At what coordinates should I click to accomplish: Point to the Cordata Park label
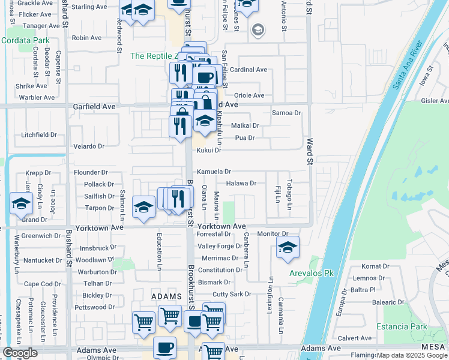click(25, 40)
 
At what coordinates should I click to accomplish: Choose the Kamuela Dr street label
click(214, 172)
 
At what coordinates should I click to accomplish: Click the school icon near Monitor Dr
click(288, 246)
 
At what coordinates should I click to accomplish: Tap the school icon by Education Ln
click(143, 206)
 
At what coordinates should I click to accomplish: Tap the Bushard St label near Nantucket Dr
click(70, 258)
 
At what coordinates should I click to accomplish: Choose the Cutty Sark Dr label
click(232, 294)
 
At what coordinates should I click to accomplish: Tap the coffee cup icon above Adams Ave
click(164, 347)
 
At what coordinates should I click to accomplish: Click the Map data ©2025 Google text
click(412, 355)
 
